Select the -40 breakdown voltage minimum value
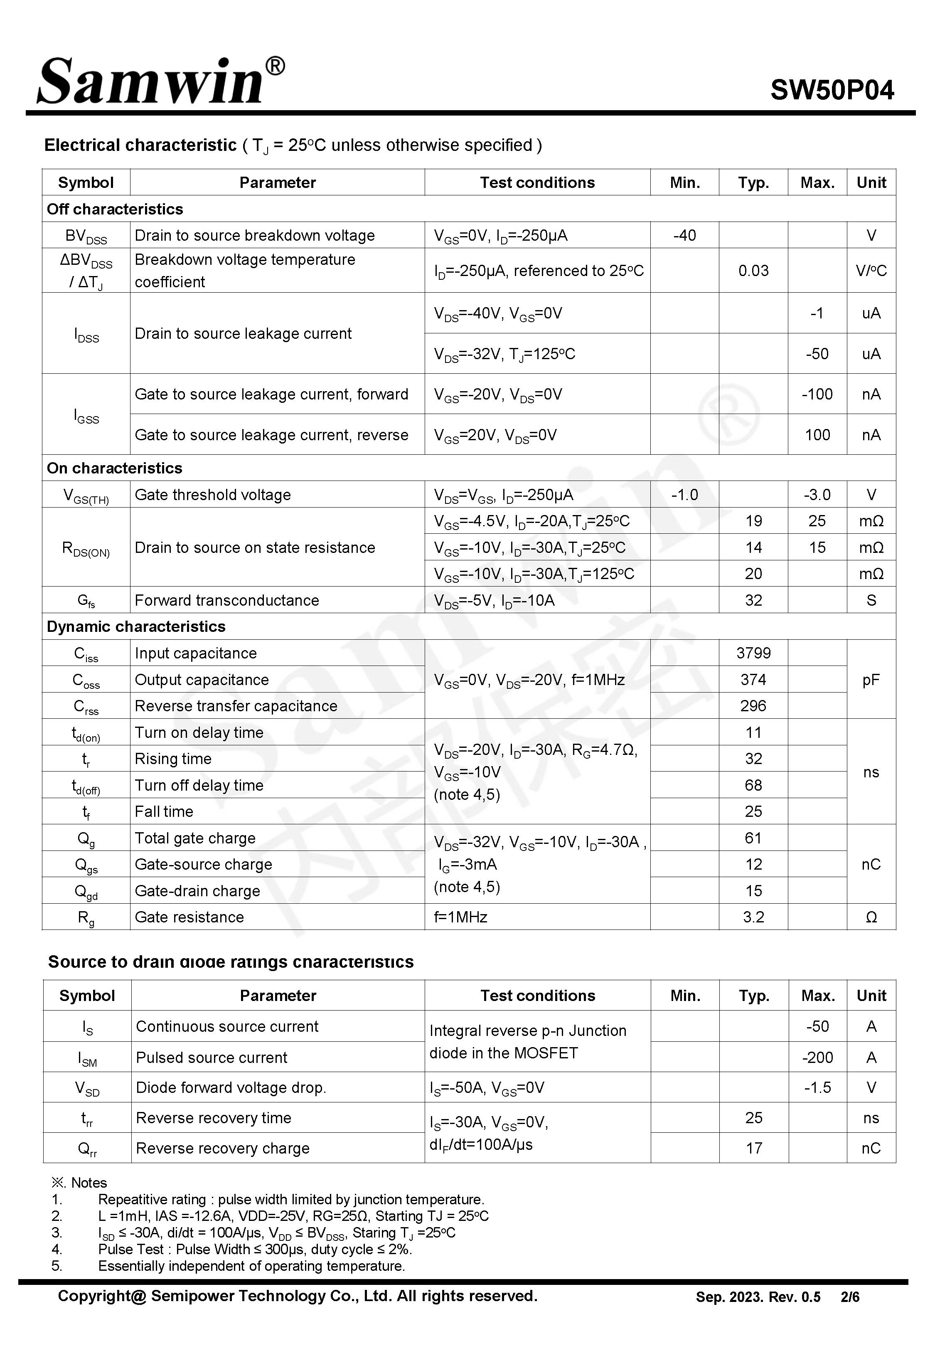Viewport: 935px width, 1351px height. tap(684, 236)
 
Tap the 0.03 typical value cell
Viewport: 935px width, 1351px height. tap(753, 271)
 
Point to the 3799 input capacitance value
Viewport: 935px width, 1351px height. tap(753, 653)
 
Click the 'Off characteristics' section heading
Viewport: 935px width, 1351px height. tap(115, 209)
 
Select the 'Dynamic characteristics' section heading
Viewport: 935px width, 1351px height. tap(136, 626)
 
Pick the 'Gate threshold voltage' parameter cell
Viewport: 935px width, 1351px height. tap(213, 495)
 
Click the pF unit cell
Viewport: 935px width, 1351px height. tap(871, 680)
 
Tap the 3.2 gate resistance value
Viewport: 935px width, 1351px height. tap(753, 917)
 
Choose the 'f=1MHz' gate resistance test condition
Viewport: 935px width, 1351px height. tap(460, 917)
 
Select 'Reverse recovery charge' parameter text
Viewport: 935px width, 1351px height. tap(223, 1148)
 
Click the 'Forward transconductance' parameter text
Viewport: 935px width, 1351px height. tap(227, 600)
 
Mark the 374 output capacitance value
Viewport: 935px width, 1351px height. tap(753, 680)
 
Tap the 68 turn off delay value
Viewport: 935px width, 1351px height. tap(753, 785)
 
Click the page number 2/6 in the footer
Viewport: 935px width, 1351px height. tap(849, 1297)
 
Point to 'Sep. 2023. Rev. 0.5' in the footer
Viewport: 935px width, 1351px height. tap(758, 1297)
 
